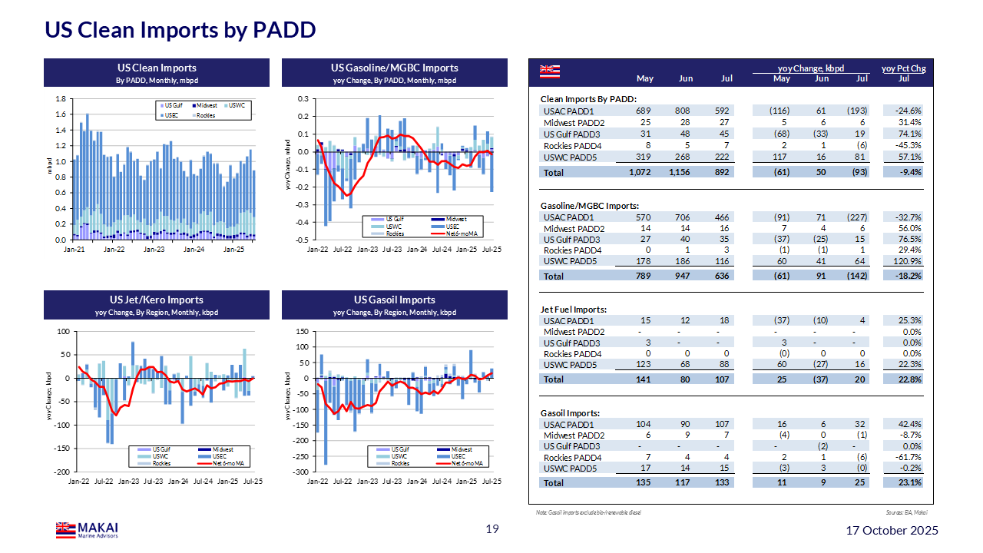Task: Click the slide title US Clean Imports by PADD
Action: [x=180, y=30]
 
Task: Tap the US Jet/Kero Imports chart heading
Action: [x=156, y=300]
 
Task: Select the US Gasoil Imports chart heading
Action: [x=395, y=300]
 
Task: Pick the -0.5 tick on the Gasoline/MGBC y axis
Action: [x=303, y=240]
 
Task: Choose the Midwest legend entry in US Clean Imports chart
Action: [x=206, y=104]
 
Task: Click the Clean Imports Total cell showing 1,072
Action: [x=639, y=173]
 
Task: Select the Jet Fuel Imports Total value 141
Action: [x=644, y=379]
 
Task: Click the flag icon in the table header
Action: [x=548, y=71]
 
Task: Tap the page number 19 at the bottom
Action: [x=492, y=529]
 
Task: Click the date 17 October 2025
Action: [x=891, y=531]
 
